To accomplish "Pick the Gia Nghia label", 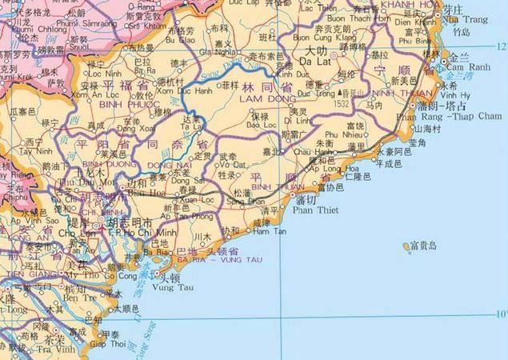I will coord(222,51).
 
